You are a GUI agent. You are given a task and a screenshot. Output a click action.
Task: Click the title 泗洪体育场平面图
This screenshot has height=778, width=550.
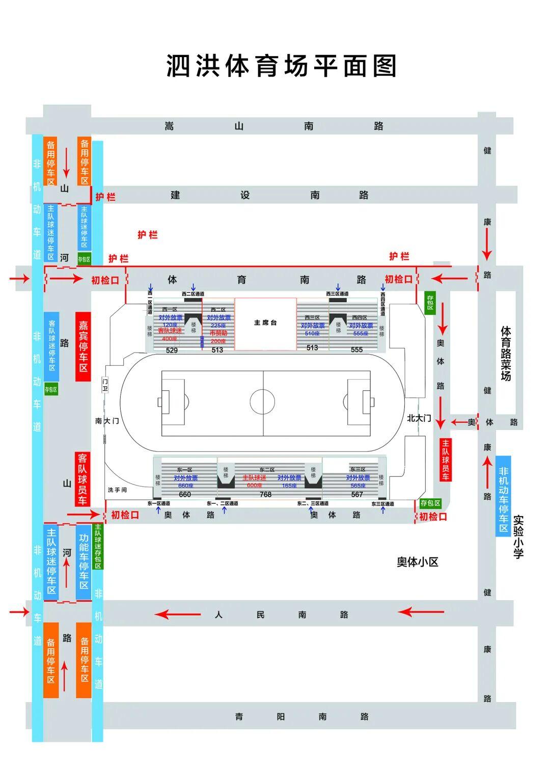[281, 66]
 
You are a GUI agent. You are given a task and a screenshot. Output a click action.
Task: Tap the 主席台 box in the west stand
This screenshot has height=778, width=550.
[265, 324]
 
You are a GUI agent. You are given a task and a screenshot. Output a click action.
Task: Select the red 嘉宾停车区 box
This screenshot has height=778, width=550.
[83, 346]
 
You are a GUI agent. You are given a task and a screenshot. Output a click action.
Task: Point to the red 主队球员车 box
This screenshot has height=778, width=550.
[445, 460]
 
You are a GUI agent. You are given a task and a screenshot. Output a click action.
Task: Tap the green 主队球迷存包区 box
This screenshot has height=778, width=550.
[98, 546]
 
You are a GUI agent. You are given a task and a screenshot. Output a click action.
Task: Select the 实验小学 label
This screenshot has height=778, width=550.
[518, 536]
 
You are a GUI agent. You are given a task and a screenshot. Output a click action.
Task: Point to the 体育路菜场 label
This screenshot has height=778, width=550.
[505, 354]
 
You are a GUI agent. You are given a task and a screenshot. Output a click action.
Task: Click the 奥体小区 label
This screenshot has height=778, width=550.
[418, 562]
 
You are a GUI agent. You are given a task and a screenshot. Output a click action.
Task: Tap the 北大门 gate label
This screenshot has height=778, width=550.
[419, 418]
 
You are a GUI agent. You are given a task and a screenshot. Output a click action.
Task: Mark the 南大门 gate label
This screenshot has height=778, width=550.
[107, 421]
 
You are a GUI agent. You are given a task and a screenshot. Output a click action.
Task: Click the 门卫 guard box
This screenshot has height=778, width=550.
[105, 385]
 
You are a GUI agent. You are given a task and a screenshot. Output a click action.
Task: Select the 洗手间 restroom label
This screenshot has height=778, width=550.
[117, 490]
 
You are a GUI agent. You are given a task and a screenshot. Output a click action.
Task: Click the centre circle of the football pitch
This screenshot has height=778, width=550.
[263, 401]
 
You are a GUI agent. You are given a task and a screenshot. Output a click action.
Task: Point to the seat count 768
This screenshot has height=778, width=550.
[266, 494]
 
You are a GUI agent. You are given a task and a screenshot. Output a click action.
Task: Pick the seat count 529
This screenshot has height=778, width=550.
[172, 350]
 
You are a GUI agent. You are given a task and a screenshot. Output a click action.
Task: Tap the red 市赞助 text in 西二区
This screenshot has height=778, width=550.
[218, 333]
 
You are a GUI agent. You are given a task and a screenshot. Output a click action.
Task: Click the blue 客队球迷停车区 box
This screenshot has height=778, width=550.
[51, 346]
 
